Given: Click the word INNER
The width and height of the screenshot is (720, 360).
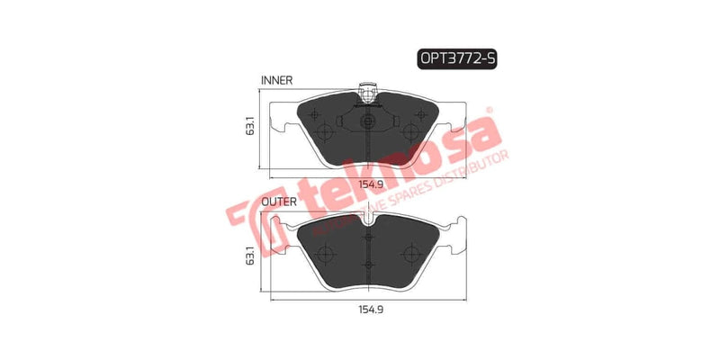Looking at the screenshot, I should coord(276,81).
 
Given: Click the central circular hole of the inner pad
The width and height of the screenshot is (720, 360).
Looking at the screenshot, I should coord(366,121).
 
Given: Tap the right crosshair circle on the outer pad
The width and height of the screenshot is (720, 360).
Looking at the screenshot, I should coord(410,252).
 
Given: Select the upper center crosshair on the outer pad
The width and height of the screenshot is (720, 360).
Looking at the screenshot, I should coord(366,238).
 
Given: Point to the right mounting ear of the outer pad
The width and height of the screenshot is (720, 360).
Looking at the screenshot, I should coord(455,242).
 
